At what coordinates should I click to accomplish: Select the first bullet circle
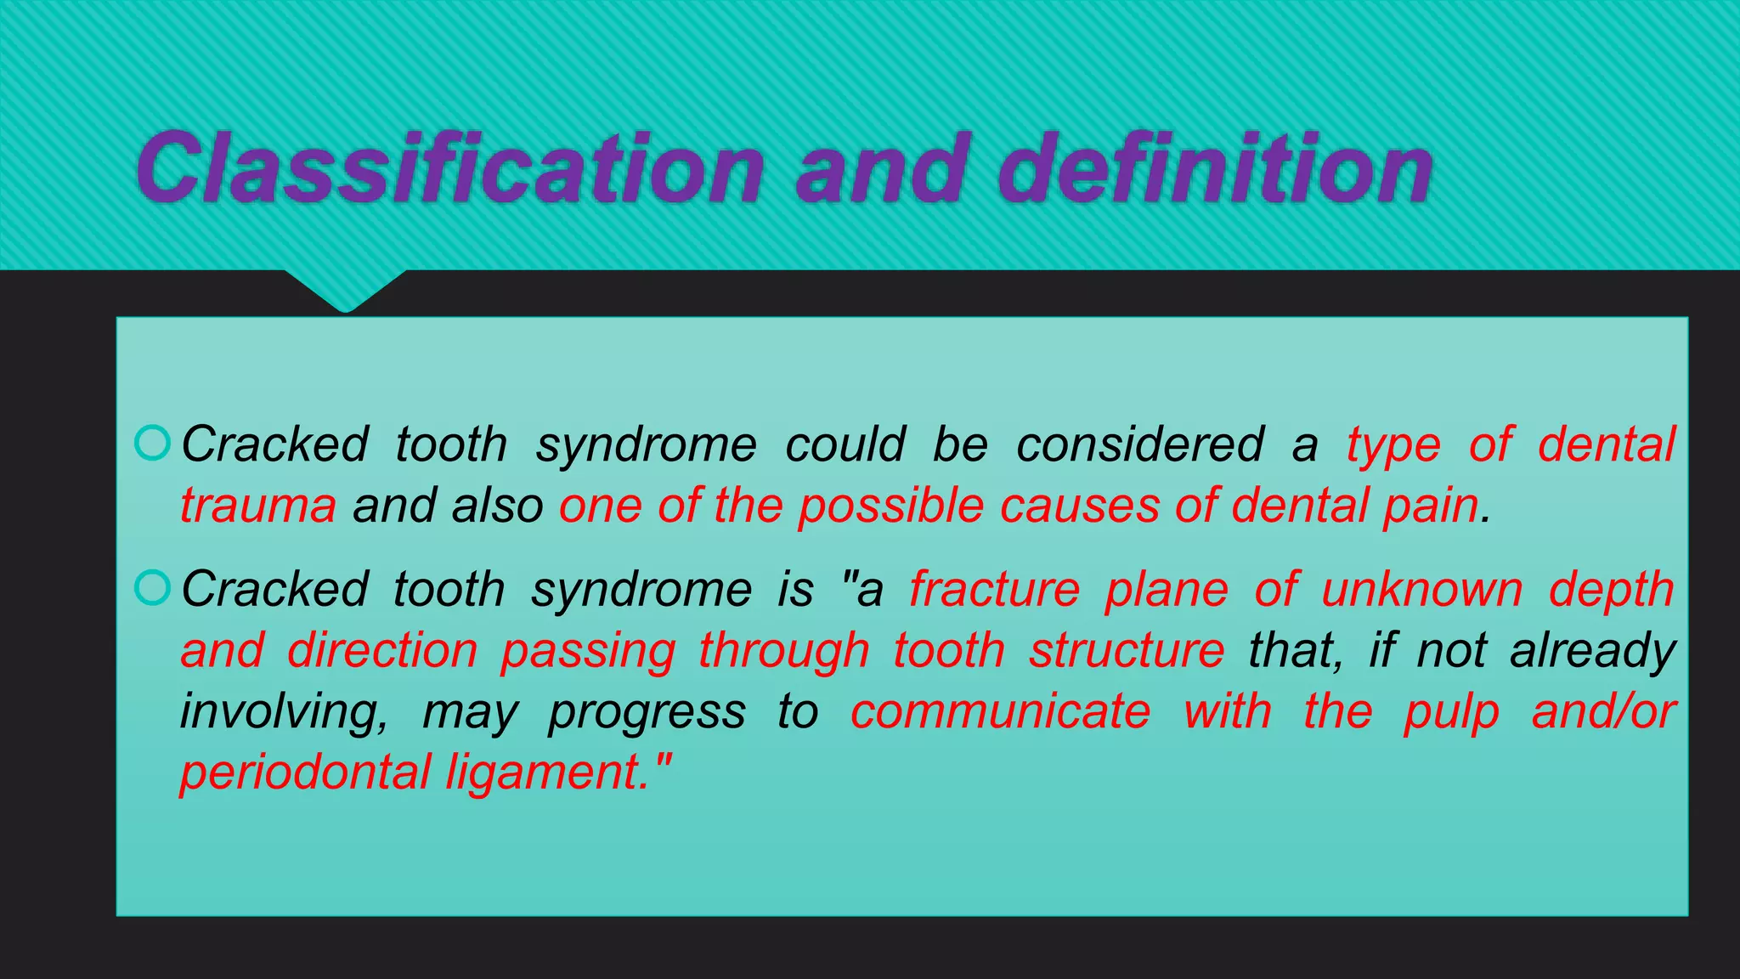point(153,443)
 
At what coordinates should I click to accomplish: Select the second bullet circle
point(153,587)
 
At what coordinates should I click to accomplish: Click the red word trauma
point(258,506)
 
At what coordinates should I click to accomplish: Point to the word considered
point(1140,444)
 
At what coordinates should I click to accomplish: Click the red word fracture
point(995,589)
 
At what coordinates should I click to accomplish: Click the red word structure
point(1127,651)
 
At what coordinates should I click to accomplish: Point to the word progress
point(647,712)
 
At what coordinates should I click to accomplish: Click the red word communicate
point(1000,712)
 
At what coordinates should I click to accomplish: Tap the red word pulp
point(1452,712)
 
